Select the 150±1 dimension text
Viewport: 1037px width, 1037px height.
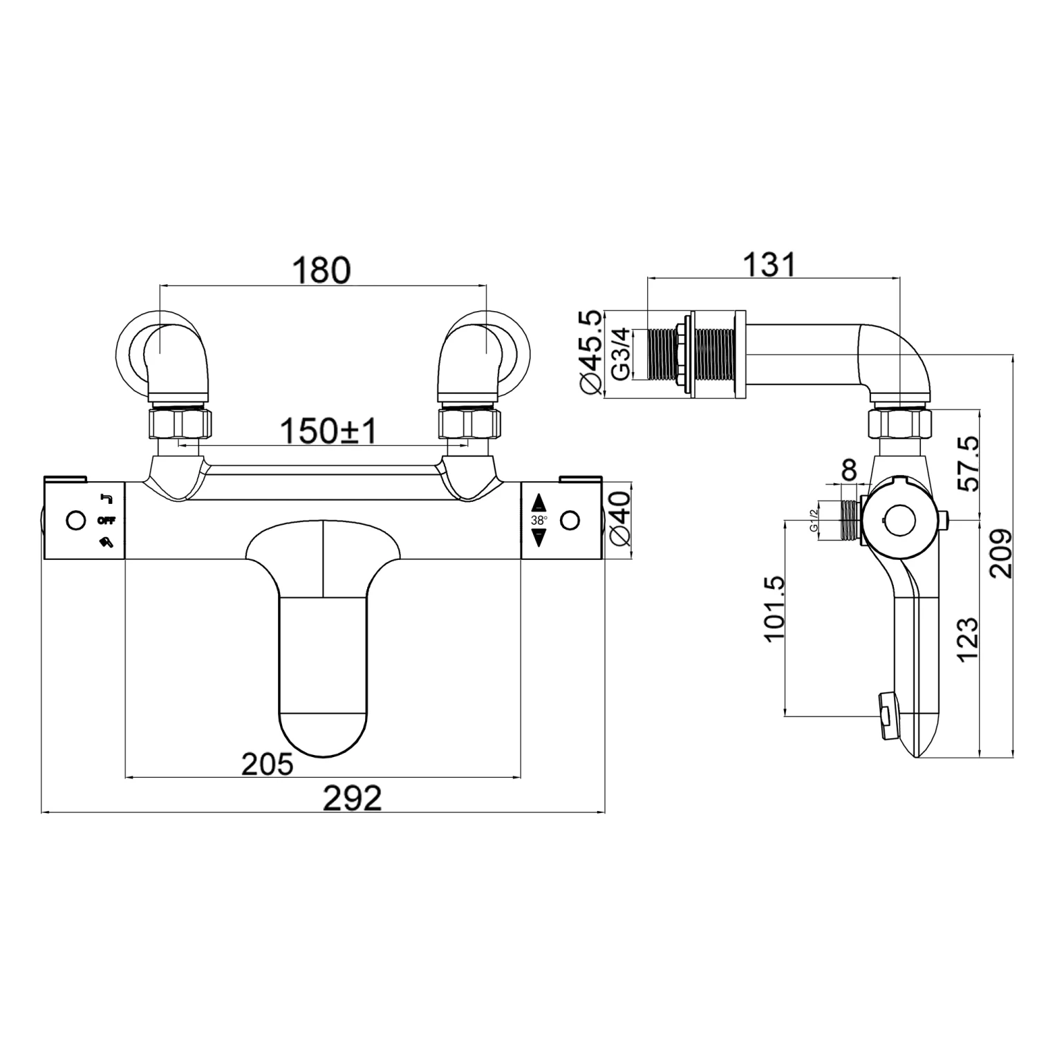click(x=329, y=432)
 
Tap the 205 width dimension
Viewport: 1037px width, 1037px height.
click(x=268, y=764)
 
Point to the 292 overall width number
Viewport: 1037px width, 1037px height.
click(x=353, y=799)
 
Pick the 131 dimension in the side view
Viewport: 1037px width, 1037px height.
click(x=769, y=264)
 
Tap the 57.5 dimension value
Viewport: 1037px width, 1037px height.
click(x=969, y=463)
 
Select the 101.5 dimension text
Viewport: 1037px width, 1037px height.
click(x=776, y=608)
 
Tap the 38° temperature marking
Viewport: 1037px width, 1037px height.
click(x=539, y=521)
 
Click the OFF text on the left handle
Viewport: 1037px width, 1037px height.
click(x=106, y=520)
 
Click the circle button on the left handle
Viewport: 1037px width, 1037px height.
click(x=75, y=520)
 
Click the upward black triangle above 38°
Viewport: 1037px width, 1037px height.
click(x=539, y=503)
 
